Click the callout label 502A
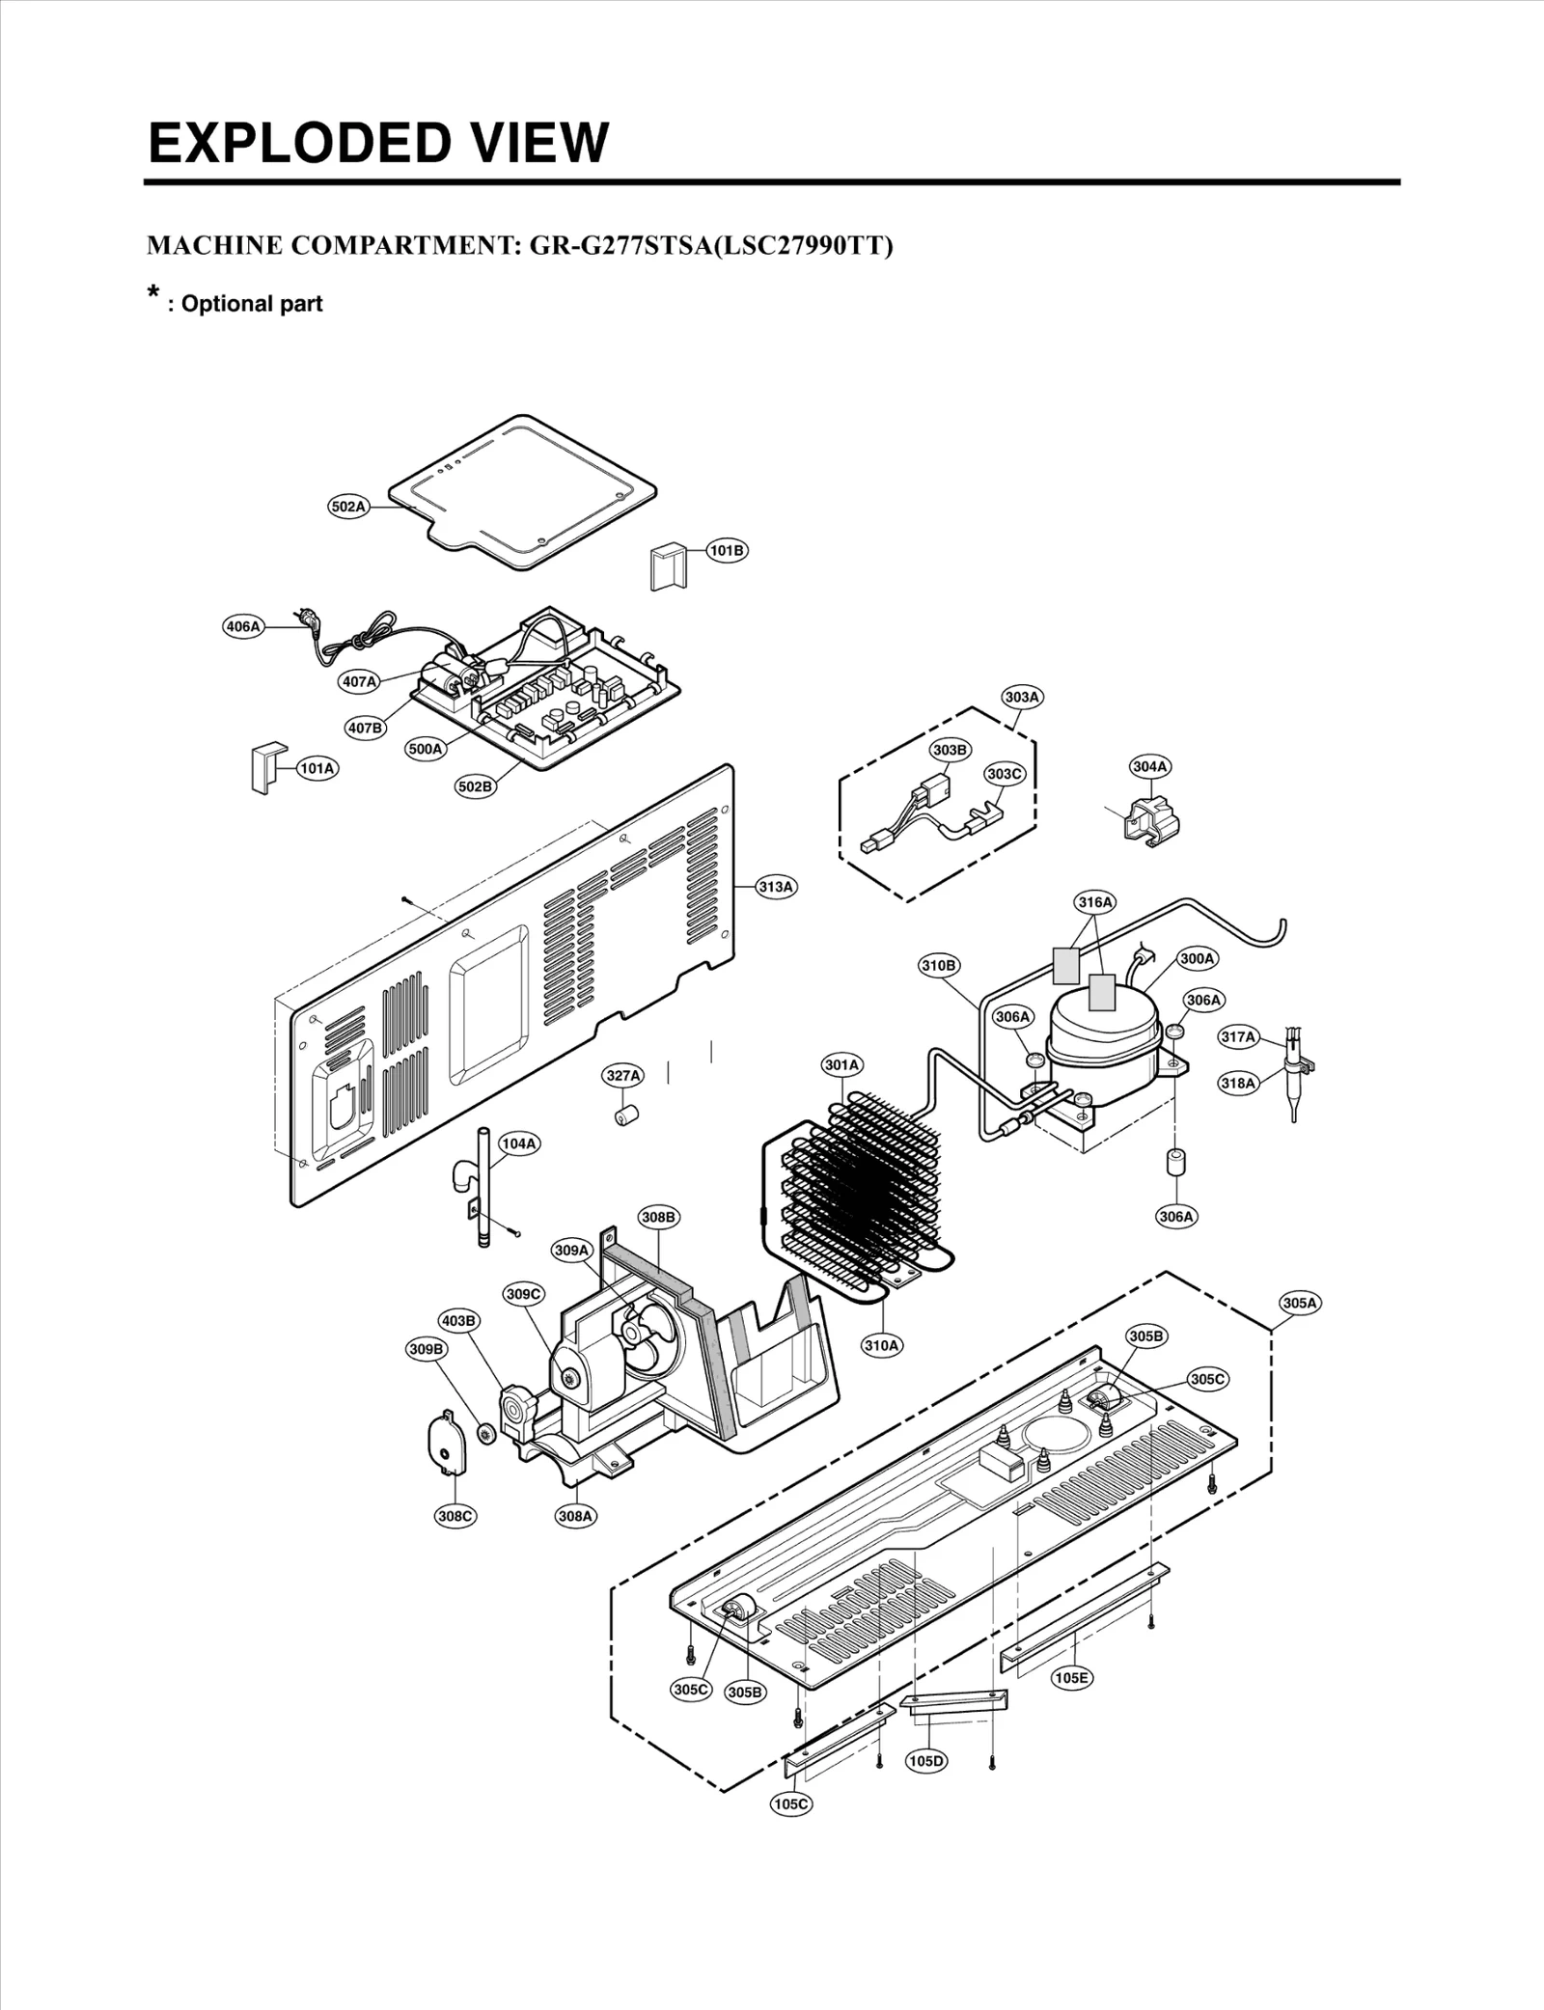pos(348,507)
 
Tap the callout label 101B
pos(727,551)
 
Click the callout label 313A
pos(776,887)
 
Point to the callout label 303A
pos(1022,697)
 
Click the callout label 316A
pos(1095,902)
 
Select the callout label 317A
pos(1238,1037)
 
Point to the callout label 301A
pos(841,1065)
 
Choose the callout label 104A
pos(518,1143)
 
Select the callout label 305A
pos(1300,1303)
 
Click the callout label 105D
pos(926,1761)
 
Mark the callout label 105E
pos(1071,1678)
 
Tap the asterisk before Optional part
pos(152,292)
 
